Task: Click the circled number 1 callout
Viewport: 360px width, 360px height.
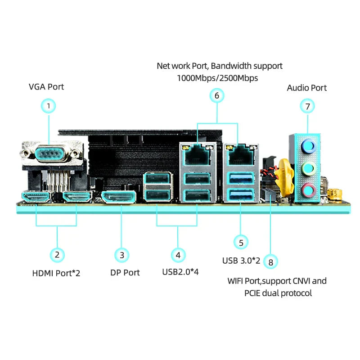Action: (x=49, y=106)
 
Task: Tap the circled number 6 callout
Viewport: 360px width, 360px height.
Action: (x=217, y=95)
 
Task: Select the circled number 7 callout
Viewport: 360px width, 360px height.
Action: (x=307, y=106)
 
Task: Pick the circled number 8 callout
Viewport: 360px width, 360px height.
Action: (x=270, y=262)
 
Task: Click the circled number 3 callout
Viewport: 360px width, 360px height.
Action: (x=122, y=255)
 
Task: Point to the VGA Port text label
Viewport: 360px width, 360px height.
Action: (x=46, y=86)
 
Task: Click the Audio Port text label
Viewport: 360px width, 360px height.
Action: (x=307, y=88)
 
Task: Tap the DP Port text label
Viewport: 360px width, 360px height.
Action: (x=125, y=273)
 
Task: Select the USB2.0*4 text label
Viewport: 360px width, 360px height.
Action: (x=180, y=272)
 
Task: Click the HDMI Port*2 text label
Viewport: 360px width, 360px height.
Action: (x=56, y=273)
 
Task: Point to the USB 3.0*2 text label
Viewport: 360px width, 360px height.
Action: (x=241, y=260)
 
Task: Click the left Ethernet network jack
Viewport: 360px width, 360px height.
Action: (x=196, y=154)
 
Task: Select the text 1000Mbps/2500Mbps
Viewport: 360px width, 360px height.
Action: (x=217, y=78)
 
